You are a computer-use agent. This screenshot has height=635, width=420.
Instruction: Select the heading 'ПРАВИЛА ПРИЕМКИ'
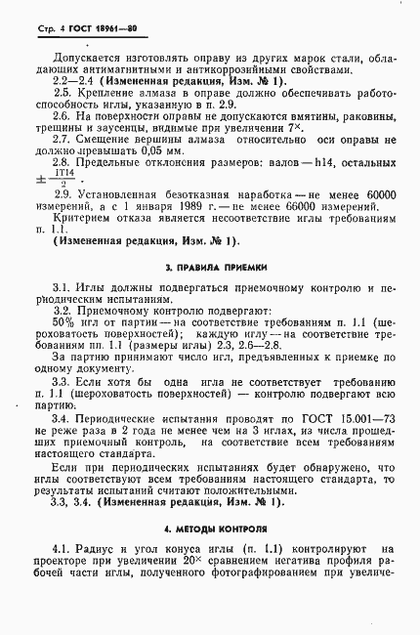coord(213,291)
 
